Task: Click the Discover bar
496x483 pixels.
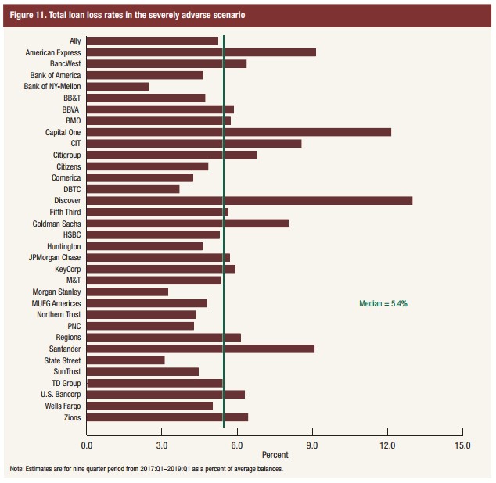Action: [x=249, y=201]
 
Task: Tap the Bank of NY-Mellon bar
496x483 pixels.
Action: [x=117, y=87]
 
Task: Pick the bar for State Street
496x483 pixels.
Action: [x=125, y=360]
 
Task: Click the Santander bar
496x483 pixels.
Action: [x=200, y=349]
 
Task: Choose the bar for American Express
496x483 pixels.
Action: [x=201, y=52]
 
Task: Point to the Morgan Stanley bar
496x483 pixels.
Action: [x=127, y=292]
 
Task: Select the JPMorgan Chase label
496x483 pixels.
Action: [x=55, y=258]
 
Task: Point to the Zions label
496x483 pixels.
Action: [x=72, y=417]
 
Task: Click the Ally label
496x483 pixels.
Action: [x=74, y=41]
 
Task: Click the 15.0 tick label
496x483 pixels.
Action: [x=462, y=445]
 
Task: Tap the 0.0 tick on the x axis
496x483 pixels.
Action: [x=86, y=445]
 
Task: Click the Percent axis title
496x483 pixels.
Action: [x=275, y=455]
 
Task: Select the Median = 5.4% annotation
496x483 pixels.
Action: [x=383, y=303]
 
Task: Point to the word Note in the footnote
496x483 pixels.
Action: [x=16, y=469]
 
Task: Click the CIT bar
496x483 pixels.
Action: [x=193, y=144]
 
